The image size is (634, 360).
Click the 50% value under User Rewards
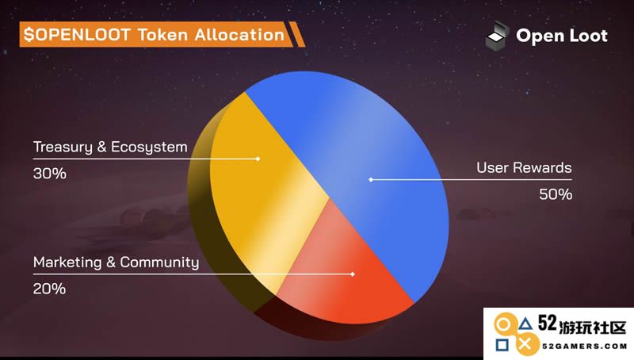click(x=556, y=194)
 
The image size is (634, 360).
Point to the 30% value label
click(x=50, y=174)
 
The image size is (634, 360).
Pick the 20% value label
click(x=49, y=289)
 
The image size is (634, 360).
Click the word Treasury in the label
click(x=63, y=147)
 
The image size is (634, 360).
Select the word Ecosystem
click(x=149, y=147)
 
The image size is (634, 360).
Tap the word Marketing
click(x=67, y=262)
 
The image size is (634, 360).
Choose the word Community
click(x=159, y=262)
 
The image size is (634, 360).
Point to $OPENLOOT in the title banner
click(x=77, y=34)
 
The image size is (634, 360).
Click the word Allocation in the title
click(x=239, y=34)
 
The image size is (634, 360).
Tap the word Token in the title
click(x=162, y=34)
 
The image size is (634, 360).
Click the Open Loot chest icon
click(x=497, y=36)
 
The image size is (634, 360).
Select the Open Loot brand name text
click(x=562, y=36)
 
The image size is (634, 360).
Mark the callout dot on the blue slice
click(x=371, y=179)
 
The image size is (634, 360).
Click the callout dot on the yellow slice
click(x=258, y=159)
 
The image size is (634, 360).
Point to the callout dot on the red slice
click(x=353, y=274)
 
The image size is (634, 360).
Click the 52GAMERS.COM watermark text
click(x=585, y=347)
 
